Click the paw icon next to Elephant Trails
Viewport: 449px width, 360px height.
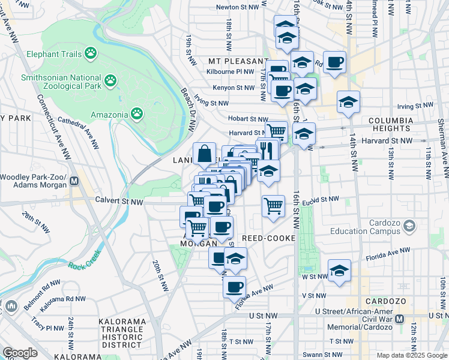click(91, 54)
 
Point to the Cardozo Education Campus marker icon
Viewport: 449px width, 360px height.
click(409, 226)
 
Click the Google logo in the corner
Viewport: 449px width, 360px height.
click(20, 352)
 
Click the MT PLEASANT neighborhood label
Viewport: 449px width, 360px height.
click(238, 61)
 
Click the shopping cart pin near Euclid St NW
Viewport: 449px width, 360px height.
click(273, 206)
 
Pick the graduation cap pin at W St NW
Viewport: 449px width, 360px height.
click(339, 270)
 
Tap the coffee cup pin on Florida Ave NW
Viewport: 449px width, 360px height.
click(235, 286)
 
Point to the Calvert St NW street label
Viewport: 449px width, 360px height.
click(112, 201)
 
